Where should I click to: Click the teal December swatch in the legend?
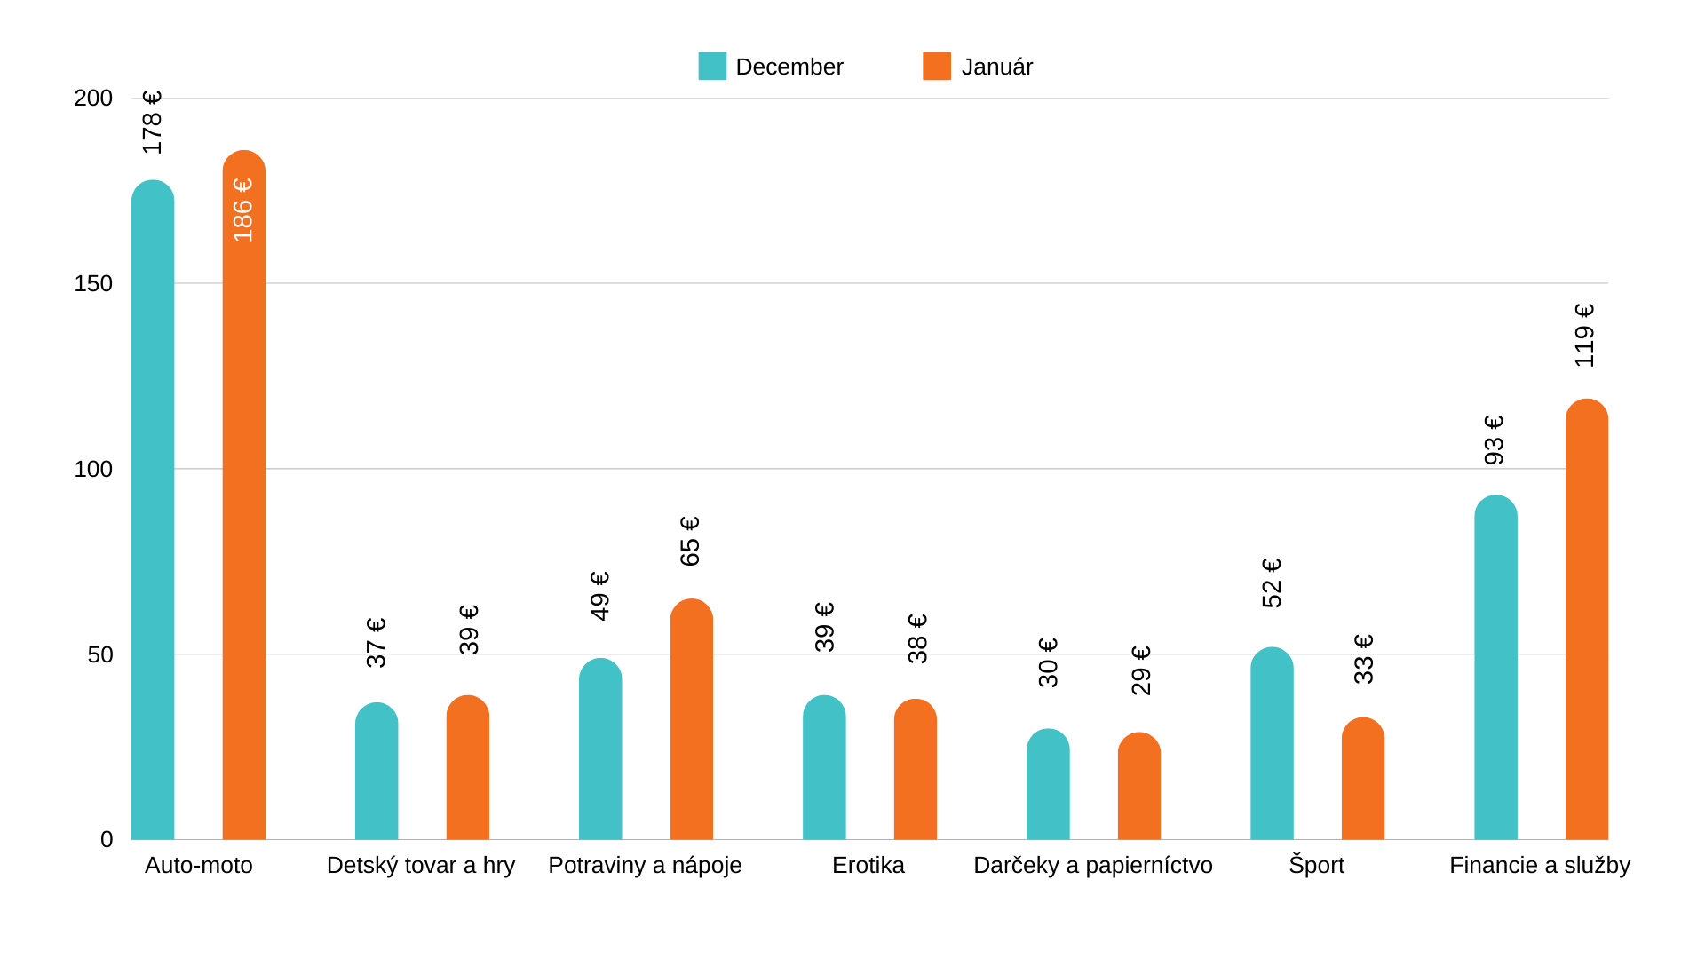(712, 67)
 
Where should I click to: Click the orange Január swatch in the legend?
(937, 67)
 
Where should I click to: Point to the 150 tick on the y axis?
(93, 283)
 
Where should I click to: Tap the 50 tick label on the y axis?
(100, 654)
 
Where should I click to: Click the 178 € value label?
(153, 123)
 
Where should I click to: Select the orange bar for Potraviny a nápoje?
(692, 719)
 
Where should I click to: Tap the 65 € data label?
(690, 541)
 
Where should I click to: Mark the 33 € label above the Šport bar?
(1364, 659)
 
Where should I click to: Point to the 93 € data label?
(1495, 440)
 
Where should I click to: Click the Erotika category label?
(868, 865)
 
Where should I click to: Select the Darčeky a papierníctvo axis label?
(1093, 865)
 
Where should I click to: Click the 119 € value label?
(1585, 336)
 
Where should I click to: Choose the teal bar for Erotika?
(824, 767)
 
